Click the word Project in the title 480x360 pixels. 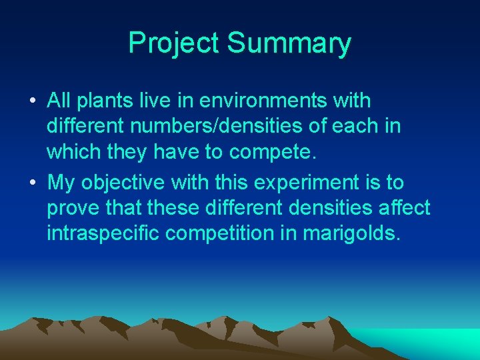[x=174, y=43]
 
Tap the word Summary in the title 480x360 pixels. [x=289, y=43]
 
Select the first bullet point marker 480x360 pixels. [x=33, y=103]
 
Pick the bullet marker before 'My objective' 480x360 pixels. [x=33, y=183]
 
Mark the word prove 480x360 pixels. [x=73, y=208]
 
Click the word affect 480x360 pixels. [x=402, y=207]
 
